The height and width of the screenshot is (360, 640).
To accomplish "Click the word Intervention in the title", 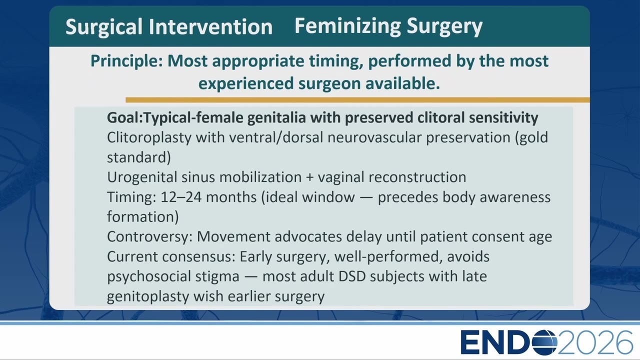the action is [210, 27].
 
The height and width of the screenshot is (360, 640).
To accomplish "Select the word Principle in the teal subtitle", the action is [126, 61].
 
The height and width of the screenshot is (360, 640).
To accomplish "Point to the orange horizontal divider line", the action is [357, 99].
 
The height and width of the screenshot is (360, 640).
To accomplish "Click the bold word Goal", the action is [124, 117].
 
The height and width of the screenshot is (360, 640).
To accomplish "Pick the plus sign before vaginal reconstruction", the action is [309, 177].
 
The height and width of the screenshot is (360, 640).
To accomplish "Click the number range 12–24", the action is [181, 197].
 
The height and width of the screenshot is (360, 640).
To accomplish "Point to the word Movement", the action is [233, 236].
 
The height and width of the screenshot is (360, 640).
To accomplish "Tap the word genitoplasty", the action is [148, 296].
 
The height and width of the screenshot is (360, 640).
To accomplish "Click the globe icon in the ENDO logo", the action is [545, 342].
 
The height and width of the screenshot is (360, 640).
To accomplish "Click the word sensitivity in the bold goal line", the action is [503, 117].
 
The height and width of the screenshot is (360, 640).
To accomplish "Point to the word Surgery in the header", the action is [444, 26].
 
